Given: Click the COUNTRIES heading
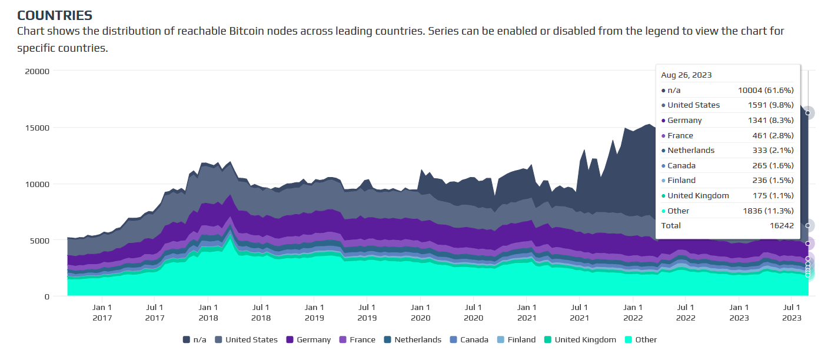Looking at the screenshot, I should point(55,15).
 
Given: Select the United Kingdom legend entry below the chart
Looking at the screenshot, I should point(579,339).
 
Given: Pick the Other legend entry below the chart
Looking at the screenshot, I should point(640,339).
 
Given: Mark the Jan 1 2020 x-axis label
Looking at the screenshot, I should point(420,312).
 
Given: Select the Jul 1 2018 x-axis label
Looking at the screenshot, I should point(261,312).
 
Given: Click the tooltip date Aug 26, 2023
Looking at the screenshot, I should point(686,75).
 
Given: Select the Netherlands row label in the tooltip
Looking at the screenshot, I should point(691,150).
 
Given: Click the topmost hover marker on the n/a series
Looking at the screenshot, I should point(808,113).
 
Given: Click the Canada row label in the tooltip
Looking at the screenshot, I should point(681,165).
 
